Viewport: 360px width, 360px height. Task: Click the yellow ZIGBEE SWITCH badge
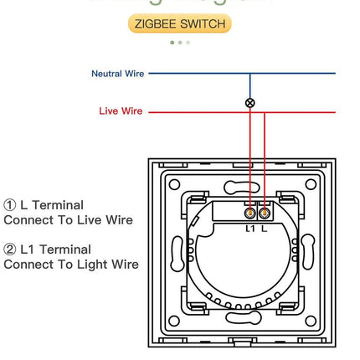pyautogui.click(x=180, y=23)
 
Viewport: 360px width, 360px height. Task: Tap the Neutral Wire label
pyautogui.click(x=117, y=74)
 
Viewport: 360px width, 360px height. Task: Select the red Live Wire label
pyautogui.click(x=121, y=111)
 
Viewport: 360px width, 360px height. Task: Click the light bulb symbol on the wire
pyautogui.click(x=249, y=103)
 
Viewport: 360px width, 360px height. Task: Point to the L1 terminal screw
pyautogui.click(x=249, y=213)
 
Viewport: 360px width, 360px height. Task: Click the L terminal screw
pyautogui.click(x=264, y=213)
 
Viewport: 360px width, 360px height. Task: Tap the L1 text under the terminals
pyautogui.click(x=249, y=229)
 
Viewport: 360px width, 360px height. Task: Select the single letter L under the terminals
pyautogui.click(x=265, y=229)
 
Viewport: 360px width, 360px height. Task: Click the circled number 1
pyautogui.click(x=10, y=205)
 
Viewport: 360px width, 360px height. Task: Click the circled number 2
pyautogui.click(x=10, y=249)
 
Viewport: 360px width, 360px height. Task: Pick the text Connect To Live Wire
pyautogui.click(x=68, y=220)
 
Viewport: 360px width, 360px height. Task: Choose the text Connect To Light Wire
pyautogui.click(x=71, y=265)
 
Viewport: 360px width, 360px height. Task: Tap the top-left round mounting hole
pyautogui.click(x=174, y=184)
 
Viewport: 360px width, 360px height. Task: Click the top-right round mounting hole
pyautogui.click(x=311, y=184)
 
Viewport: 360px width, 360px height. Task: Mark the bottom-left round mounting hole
pyautogui.click(x=174, y=321)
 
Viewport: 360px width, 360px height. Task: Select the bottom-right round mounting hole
pyautogui.click(x=311, y=321)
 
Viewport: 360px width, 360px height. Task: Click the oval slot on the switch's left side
pyautogui.click(x=177, y=252)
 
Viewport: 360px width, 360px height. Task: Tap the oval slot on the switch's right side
pyautogui.click(x=308, y=252)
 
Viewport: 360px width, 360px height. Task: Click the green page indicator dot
pyautogui.click(x=172, y=42)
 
